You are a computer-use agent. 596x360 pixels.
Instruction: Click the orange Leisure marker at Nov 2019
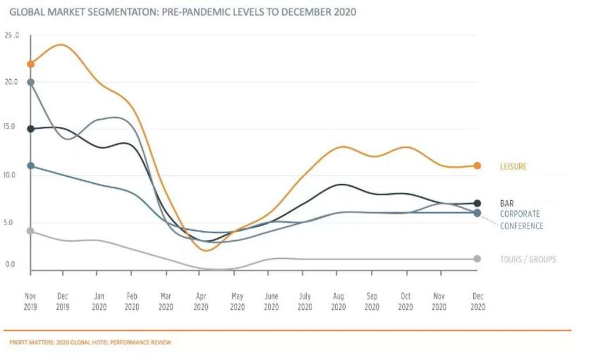coord(31,64)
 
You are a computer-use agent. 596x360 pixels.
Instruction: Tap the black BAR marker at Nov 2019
coord(31,129)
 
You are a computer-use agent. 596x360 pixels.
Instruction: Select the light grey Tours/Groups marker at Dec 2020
coord(477,259)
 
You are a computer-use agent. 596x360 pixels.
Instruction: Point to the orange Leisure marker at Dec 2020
coord(477,166)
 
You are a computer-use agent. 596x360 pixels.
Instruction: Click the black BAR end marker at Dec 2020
coord(477,204)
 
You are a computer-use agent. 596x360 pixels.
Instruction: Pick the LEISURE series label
coord(513,167)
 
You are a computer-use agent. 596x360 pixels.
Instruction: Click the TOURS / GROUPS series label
coord(528,259)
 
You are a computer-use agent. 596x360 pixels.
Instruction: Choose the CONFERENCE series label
coord(521,226)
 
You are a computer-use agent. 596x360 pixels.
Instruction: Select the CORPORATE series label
coord(520,214)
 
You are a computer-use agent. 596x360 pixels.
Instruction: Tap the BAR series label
coord(506,204)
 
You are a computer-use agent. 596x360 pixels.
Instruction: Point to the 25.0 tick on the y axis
coord(12,35)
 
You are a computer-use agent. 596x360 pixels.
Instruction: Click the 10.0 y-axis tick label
coord(12,174)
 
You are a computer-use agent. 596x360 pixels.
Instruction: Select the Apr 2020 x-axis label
coord(201,301)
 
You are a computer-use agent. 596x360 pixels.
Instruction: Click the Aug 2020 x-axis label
coord(338,301)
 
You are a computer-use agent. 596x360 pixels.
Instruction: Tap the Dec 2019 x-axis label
coord(63,301)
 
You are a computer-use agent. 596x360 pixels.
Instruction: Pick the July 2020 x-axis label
coord(305,301)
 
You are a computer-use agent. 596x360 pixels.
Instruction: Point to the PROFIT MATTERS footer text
coord(90,343)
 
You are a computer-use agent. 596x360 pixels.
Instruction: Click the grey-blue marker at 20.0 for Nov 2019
coord(31,82)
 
